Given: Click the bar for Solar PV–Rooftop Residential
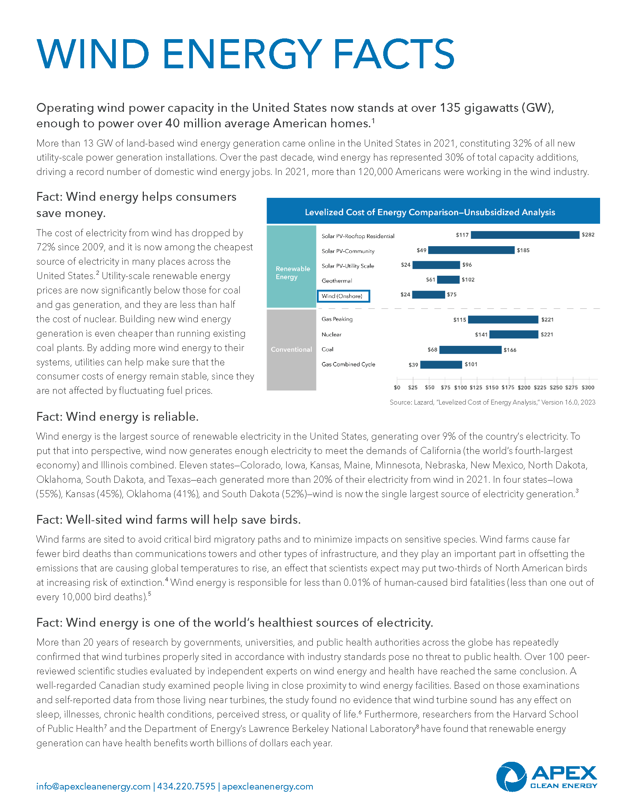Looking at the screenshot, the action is [x=525, y=235].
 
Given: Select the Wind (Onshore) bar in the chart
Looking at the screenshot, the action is [x=428, y=295].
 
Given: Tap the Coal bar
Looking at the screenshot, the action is [x=470, y=350].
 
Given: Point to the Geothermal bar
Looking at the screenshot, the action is [x=448, y=280].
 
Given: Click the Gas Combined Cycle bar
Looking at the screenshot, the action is [x=441, y=365].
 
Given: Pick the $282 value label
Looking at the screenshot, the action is [x=588, y=235].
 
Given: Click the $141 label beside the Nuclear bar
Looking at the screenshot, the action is [x=481, y=335].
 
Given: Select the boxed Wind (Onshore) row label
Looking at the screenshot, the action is [x=343, y=296].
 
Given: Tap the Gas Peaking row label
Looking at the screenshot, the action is [x=337, y=319].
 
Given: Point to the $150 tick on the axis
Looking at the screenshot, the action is [x=492, y=388].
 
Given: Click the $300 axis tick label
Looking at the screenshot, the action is [x=588, y=388].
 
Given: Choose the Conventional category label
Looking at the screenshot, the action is [x=291, y=350].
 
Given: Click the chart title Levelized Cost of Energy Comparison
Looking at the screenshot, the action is [x=430, y=212].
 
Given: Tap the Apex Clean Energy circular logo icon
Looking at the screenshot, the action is [x=511, y=777].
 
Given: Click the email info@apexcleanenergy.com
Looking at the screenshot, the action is [x=93, y=786].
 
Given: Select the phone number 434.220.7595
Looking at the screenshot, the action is [x=186, y=786].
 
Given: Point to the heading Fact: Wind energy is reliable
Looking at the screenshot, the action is [x=117, y=417].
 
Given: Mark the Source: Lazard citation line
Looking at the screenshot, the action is [x=492, y=402].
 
